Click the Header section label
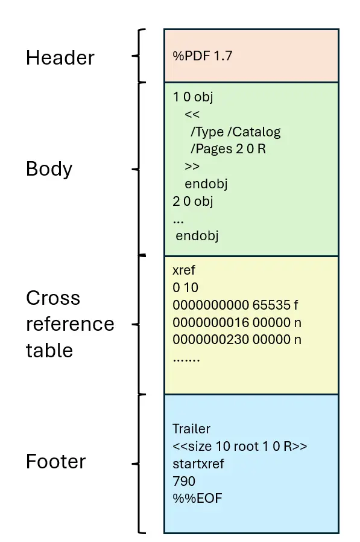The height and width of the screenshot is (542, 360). coord(60,58)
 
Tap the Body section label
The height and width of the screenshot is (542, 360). coord(49,169)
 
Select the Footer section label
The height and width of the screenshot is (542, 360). coord(55,462)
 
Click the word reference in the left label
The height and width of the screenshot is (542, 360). coord(69,324)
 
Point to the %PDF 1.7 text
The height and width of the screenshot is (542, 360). coord(203,56)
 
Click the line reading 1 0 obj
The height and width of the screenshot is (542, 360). coord(193,97)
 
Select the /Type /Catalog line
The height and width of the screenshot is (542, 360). coord(236,132)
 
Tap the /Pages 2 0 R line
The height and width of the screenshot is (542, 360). coord(228,148)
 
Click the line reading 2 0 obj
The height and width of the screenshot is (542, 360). coord(193,200)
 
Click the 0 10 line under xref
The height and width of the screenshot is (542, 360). coord(185,287)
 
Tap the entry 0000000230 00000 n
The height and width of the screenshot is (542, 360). coord(236,339)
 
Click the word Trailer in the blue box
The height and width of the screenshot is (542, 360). coord(192,429)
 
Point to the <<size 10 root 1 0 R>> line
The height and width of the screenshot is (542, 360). coord(240,447)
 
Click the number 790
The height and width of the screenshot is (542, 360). coord(184,481)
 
